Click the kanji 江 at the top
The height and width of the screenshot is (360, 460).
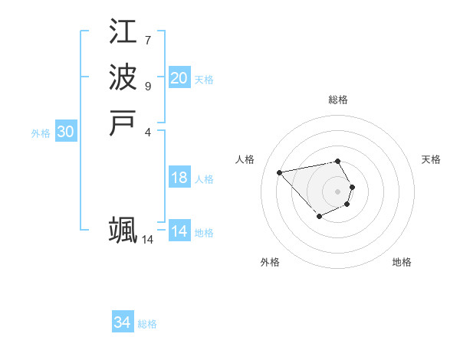point(123,31)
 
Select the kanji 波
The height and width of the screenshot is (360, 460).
point(123,77)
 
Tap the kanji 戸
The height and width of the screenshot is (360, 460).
point(123,123)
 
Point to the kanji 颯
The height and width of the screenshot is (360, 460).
point(123,230)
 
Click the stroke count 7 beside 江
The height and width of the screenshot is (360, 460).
point(147,40)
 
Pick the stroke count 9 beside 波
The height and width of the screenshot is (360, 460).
point(147,86)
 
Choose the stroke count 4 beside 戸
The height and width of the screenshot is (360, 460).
point(147,132)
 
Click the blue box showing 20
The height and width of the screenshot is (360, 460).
point(179,78)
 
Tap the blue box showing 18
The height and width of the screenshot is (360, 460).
point(179,178)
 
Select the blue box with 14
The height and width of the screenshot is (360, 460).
point(179,231)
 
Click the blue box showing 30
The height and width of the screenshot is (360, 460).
point(66,132)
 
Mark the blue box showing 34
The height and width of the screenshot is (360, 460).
point(123,322)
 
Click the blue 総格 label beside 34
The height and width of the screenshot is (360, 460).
point(147,324)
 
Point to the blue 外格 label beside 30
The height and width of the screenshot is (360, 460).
point(41,133)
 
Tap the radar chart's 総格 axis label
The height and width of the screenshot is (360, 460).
point(338,100)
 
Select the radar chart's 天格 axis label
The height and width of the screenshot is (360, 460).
point(431,159)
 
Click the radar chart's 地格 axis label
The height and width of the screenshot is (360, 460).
point(402,262)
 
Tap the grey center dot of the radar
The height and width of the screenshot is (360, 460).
point(338,191)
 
